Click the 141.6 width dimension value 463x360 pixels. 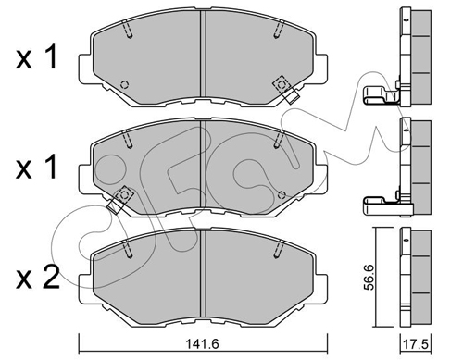203,343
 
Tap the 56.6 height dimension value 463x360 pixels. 369,277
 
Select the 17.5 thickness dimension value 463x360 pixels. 417,344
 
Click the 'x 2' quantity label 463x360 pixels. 37,277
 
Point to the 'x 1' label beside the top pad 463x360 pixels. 36,56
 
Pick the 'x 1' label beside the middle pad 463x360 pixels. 36,167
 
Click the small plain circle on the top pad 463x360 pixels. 125,84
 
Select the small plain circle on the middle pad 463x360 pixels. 282,194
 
